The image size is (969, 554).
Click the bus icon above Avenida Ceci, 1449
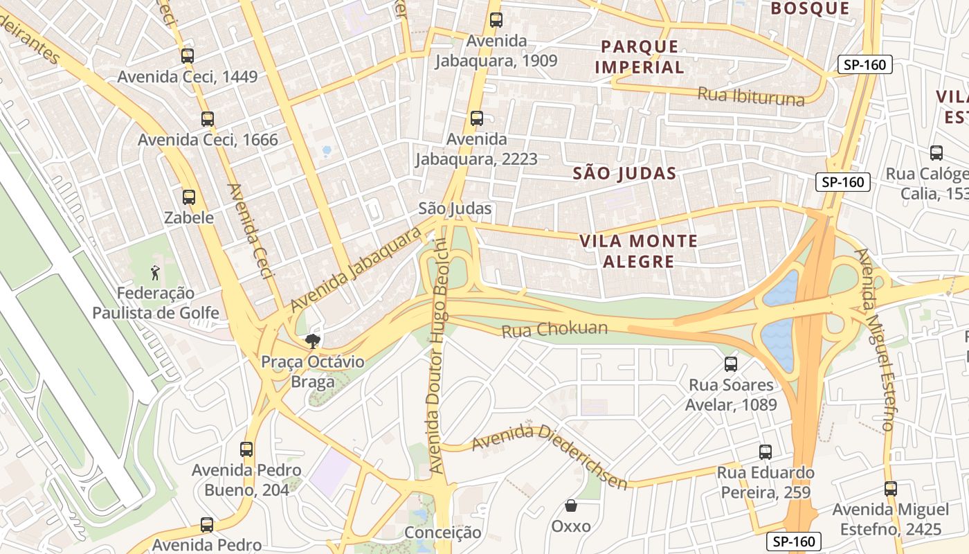(188, 56)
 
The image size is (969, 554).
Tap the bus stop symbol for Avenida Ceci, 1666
(208, 119)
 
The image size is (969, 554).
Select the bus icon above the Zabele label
(189, 197)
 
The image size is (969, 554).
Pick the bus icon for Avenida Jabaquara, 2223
(477, 118)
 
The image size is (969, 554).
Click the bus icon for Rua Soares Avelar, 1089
(731, 364)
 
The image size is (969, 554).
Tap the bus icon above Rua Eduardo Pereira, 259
(766, 452)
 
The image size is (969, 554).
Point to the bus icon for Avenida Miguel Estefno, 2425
(891, 489)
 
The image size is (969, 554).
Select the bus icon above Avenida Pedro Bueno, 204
(246, 449)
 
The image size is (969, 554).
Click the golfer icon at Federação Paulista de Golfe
(155, 272)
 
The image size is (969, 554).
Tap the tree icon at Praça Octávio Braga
(313, 341)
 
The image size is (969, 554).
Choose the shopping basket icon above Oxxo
(571, 506)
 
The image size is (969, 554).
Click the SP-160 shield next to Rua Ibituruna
(865, 65)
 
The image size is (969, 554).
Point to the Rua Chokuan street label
(554, 330)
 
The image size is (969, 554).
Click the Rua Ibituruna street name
(751, 96)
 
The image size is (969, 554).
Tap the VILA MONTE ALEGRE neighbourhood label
(638, 251)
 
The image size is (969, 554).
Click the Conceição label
(442, 533)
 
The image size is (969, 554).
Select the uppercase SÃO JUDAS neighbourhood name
(624, 174)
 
